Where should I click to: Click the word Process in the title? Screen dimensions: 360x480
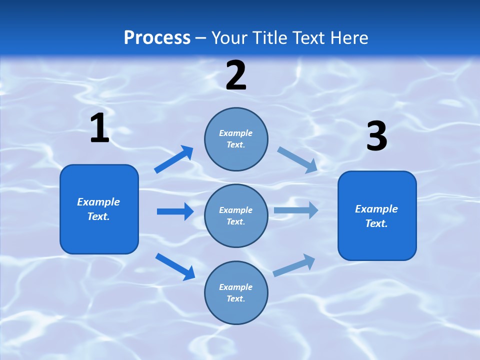pos(157,38)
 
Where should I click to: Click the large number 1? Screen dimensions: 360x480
pos(99,128)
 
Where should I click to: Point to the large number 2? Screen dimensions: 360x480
pos(236,75)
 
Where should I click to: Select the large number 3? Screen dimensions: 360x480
pos(377,136)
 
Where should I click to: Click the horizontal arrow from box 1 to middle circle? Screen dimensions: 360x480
pos(175,211)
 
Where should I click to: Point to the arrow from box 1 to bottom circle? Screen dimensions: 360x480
pos(175,266)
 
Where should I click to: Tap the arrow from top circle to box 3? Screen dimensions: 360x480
pos(297,159)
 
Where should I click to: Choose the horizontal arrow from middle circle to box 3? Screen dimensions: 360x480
pos(296,210)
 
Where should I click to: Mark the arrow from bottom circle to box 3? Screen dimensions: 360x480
pos(294,265)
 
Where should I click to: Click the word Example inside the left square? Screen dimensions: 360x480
pos(98,202)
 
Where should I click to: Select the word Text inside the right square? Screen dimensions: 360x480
pos(376,223)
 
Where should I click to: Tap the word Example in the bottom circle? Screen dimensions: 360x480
pos(235,287)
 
